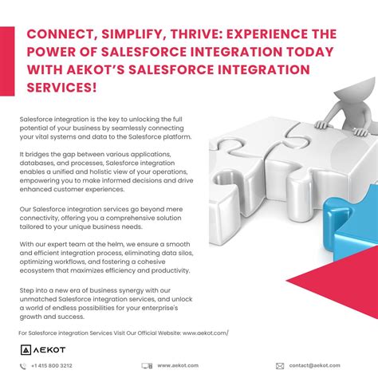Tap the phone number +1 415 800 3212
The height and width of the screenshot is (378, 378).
(51, 366)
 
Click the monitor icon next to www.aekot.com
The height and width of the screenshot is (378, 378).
(147, 366)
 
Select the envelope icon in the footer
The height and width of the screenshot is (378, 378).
(279, 366)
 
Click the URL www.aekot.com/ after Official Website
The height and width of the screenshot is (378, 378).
(205, 331)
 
